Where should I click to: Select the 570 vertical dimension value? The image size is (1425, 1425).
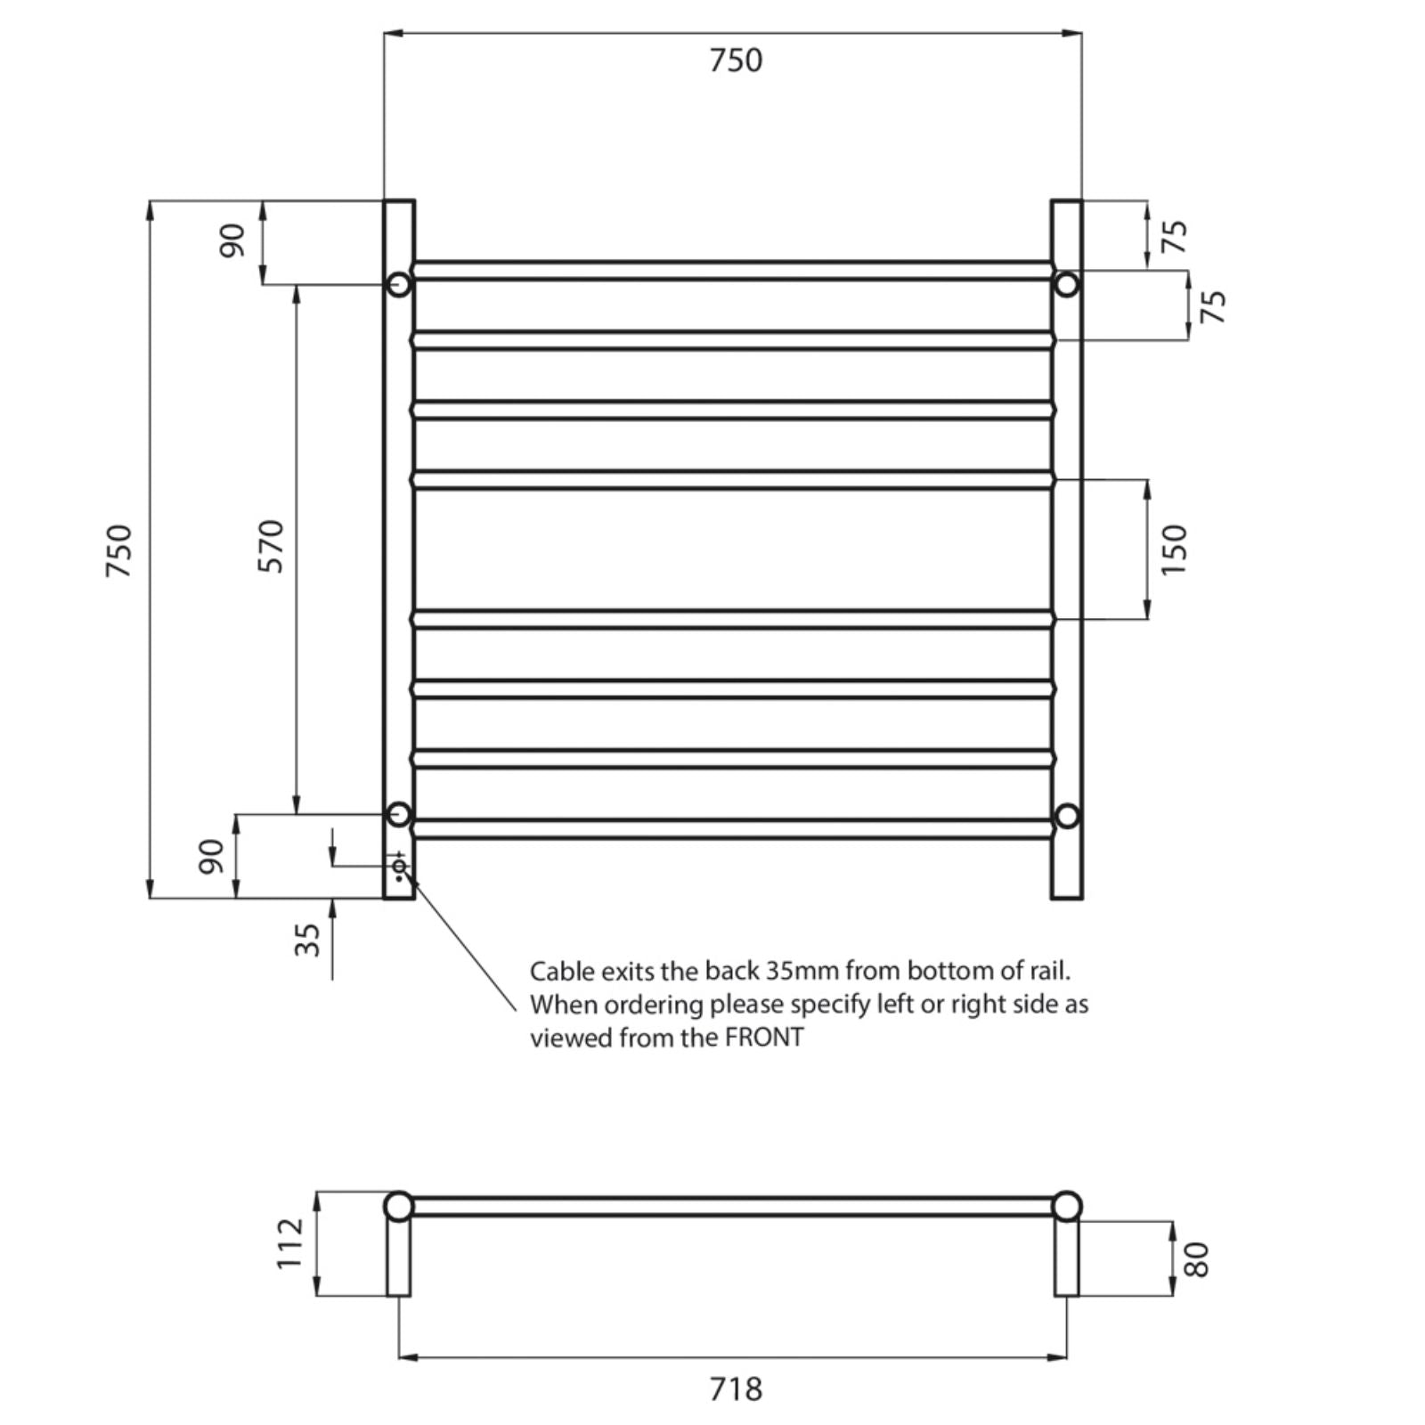[271, 546]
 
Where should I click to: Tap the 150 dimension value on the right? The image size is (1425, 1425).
[1175, 549]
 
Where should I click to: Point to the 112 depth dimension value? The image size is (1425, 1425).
[290, 1243]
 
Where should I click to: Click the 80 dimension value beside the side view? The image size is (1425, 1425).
[1198, 1258]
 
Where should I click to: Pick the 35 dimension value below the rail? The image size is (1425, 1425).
[306, 940]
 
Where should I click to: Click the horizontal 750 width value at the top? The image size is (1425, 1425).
[736, 61]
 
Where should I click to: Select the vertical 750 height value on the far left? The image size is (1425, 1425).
[119, 550]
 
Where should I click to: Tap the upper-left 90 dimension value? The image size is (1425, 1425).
[232, 240]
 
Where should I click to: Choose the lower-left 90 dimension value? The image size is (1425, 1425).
[212, 856]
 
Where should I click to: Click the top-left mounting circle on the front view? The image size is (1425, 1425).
[399, 285]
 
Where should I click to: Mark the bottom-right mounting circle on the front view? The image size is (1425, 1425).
[1066, 816]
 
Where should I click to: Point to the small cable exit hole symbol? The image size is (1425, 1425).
[399, 866]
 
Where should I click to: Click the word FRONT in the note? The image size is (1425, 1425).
[764, 1038]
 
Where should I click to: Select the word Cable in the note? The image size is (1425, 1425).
[559, 971]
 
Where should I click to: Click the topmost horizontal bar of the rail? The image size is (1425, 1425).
[732, 271]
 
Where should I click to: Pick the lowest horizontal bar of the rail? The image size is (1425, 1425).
[732, 829]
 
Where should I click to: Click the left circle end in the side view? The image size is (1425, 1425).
[399, 1207]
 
